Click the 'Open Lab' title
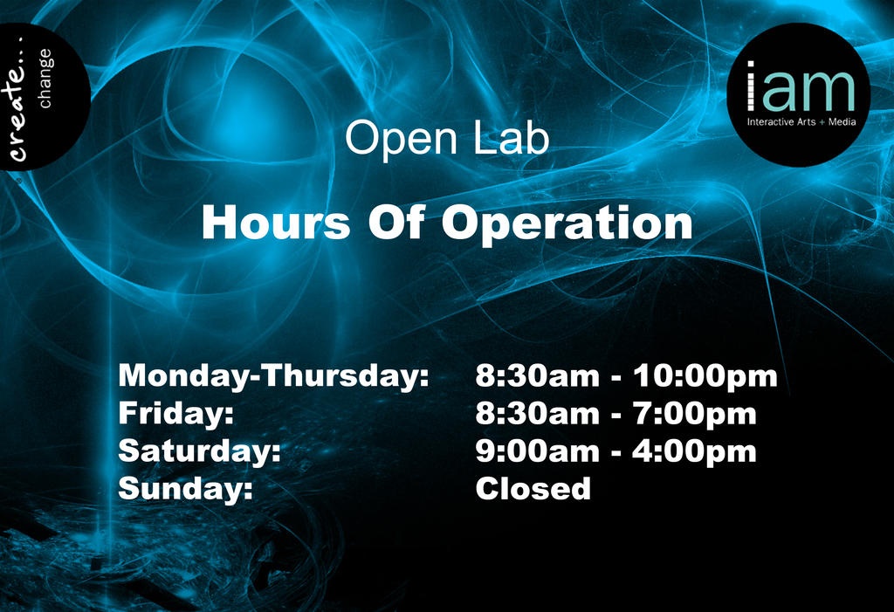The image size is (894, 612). coord(447,139)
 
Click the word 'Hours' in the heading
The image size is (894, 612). coord(275,223)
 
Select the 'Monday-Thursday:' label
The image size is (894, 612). coord(273,377)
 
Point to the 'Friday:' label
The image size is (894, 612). coord(175,414)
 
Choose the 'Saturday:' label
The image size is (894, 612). coord(199,451)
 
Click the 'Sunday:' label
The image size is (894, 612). coord(185,489)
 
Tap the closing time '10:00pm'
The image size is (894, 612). coord(705,377)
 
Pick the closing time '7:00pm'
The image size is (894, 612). coord(695,414)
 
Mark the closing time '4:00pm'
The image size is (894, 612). coord(695,451)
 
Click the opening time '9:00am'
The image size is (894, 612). coord(537,451)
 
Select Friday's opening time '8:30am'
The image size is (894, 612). coord(537,414)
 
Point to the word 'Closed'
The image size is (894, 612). coord(533,489)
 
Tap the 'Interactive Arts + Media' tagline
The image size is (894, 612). coord(801,122)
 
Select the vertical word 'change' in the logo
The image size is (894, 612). coord(45,79)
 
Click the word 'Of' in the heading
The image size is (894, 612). coord(395,223)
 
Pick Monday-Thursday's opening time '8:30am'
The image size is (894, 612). coord(537,377)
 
